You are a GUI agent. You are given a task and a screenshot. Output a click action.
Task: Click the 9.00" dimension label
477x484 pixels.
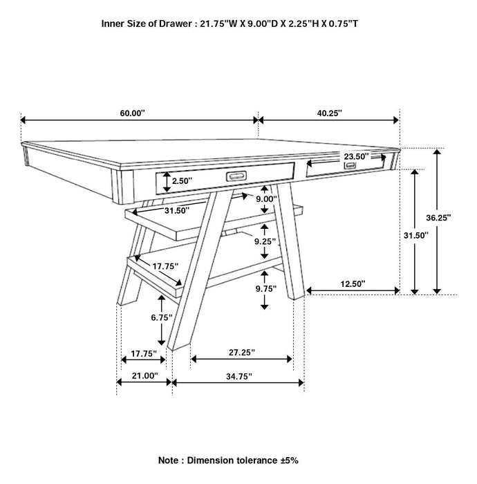point(265,199)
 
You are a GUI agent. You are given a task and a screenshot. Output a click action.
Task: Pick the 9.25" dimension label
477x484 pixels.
point(265,242)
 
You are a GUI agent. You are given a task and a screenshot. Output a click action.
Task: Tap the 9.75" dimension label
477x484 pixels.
point(265,289)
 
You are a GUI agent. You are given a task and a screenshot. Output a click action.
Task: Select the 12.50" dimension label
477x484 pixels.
point(353,283)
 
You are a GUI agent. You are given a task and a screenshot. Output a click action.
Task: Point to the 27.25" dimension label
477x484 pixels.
point(241,353)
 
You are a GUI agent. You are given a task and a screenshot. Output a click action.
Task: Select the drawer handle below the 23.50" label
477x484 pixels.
point(350,166)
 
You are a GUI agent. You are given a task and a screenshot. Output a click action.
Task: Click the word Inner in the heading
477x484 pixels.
point(114,24)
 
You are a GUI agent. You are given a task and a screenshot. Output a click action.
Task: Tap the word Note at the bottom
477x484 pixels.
point(171,459)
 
